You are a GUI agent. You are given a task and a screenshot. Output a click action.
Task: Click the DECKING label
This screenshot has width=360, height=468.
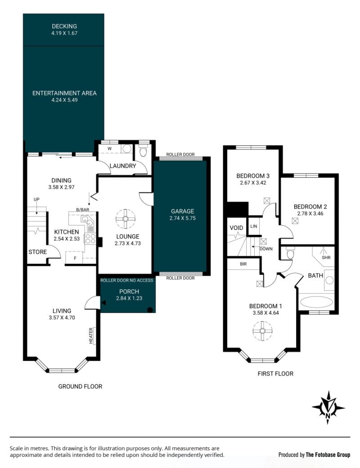point(64,26)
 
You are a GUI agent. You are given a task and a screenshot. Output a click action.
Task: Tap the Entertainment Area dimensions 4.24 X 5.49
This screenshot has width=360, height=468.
point(64,100)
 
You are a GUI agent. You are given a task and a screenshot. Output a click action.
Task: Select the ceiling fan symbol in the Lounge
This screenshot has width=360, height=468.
point(126,219)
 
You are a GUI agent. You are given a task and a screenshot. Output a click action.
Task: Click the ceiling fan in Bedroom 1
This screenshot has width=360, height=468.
point(262,331)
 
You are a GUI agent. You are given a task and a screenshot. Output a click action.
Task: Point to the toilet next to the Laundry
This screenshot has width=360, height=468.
point(143,151)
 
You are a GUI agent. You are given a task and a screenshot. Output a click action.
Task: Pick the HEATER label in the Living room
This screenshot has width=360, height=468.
point(91,336)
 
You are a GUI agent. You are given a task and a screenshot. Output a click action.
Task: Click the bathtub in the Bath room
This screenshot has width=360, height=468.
point(316,302)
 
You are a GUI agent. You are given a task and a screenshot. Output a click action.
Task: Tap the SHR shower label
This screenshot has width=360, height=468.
point(326,257)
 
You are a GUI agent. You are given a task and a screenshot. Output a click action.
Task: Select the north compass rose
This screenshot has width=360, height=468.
point(328,407)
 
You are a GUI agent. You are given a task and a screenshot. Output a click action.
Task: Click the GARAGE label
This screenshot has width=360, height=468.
point(182,211)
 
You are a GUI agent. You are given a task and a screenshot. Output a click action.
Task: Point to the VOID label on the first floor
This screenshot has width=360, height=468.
point(236,228)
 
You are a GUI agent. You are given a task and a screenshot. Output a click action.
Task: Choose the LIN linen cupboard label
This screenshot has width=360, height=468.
point(254,226)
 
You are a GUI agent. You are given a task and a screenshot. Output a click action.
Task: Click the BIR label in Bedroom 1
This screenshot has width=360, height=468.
point(243,264)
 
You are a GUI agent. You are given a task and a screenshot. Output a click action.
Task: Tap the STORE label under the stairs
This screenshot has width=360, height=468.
point(38,252)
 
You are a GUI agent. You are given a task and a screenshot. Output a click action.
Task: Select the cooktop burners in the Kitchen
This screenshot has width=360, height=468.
point(90,239)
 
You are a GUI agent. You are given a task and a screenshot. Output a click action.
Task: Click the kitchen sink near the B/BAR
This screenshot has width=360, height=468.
point(87,221)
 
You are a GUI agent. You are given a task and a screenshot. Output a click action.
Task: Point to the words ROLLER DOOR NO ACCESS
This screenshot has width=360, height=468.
point(126,280)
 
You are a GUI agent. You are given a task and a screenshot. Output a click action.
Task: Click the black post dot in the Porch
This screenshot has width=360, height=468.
point(150,310)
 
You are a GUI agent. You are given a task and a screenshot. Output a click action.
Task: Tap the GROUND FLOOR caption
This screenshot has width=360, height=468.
point(80,387)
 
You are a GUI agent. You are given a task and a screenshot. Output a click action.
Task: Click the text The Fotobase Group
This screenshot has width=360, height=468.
point(328,454)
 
